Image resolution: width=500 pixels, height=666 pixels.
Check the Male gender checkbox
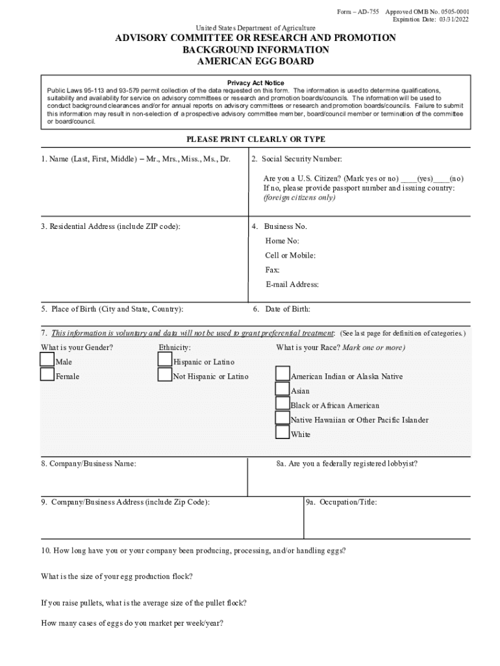(47, 360)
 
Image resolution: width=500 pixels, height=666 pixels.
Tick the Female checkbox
(47, 375)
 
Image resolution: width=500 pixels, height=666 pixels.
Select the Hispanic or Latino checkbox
(165, 360)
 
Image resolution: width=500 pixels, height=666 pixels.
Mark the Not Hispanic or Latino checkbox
(165, 375)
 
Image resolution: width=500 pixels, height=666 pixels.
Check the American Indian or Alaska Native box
(282, 374)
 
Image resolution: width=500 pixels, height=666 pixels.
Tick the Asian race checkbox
(282, 389)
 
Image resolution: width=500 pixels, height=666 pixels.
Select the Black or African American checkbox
(282, 404)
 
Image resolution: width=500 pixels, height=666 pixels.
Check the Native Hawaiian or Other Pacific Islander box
(282, 418)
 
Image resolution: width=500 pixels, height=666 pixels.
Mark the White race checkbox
(282, 433)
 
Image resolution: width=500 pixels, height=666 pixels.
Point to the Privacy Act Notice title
(255, 83)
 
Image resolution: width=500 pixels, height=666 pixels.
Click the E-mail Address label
(292, 284)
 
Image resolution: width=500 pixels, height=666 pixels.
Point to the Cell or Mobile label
(290, 256)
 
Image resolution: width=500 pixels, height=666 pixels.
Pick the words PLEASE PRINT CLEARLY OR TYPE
(256, 139)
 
